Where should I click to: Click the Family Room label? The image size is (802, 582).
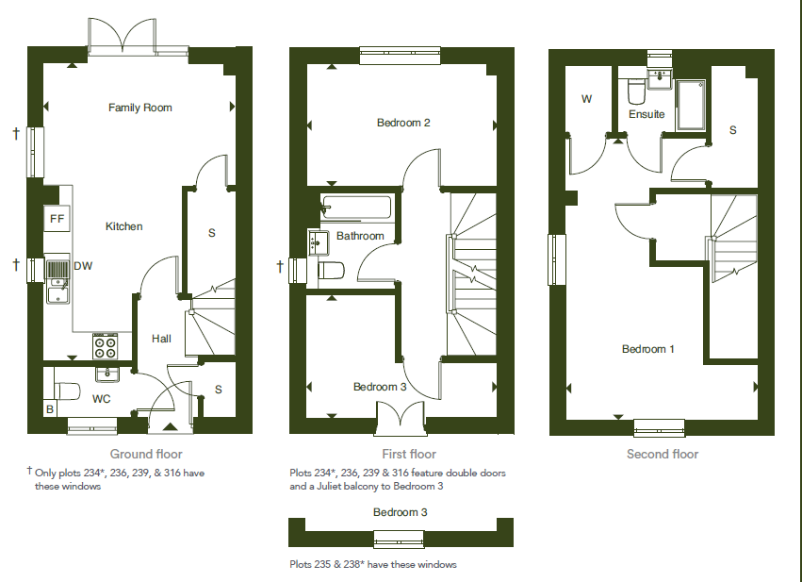click(x=140, y=108)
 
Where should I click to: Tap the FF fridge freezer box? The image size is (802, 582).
click(x=57, y=220)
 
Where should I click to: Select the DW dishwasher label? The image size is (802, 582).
click(x=84, y=267)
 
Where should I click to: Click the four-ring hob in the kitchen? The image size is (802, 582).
click(x=106, y=346)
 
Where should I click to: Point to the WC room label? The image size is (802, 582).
click(x=102, y=399)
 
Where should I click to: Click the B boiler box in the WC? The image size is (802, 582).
click(x=50, y=410)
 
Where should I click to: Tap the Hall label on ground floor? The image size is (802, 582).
click(x=161, y=339)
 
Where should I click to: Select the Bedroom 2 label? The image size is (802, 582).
click(x=403, y=123)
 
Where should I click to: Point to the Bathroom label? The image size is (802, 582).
click(x=361, y=236)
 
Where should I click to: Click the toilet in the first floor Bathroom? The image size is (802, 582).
click(x=330, y=272)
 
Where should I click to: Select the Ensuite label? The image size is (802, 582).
click(x=647, y=114)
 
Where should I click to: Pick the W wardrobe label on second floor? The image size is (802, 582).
click(x=586, y=99)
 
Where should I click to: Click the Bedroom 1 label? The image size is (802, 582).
click(x=648, y=349)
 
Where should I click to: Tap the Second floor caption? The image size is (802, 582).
click(x=663, y=454)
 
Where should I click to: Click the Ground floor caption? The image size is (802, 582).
click(x=146, y=454)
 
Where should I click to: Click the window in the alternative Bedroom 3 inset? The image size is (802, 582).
click(x=400, y=539)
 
